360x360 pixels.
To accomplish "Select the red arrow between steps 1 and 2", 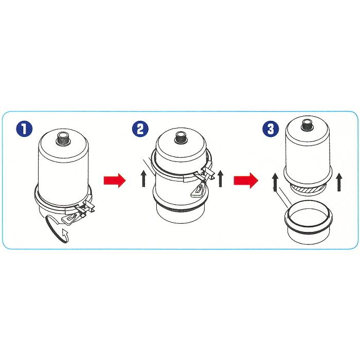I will [114, 180].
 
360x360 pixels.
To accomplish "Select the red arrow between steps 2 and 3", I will [245, 180].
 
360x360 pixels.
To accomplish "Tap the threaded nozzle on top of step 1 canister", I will [63, 137].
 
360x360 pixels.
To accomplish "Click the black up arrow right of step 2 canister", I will [221, 179].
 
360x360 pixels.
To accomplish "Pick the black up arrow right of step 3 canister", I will [339, 182].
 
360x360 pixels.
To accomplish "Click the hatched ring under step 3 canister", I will [307, 191].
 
